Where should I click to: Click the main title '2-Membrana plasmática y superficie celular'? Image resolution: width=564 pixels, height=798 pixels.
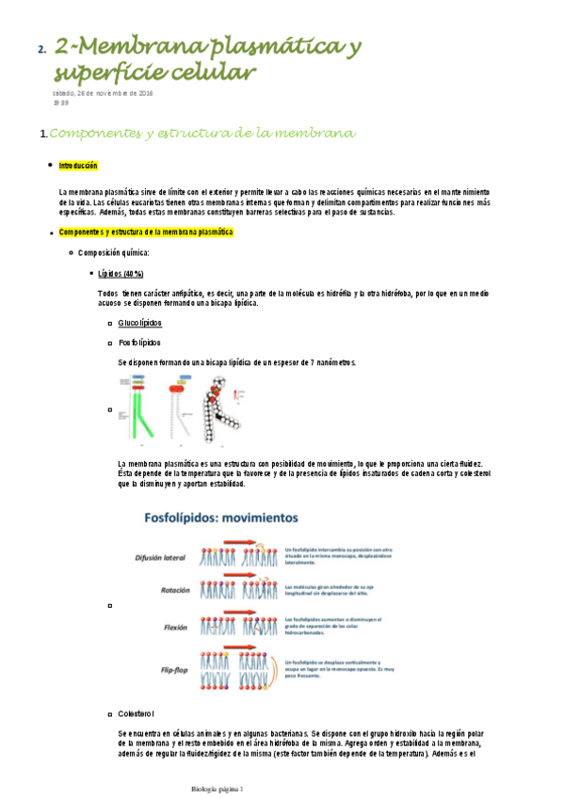coord(207,59)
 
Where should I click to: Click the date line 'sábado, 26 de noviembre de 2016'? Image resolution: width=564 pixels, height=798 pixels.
coord(103,93)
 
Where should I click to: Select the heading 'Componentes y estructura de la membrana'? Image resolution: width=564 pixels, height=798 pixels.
coord(202,134)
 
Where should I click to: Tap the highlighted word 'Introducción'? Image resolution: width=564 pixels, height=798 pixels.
coord(78,165)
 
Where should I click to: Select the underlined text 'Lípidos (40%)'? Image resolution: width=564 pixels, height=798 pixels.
coord(121,273)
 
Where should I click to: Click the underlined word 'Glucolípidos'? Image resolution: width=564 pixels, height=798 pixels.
coord(139,323)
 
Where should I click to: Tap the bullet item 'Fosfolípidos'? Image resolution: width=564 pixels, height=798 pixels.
coord(139,343)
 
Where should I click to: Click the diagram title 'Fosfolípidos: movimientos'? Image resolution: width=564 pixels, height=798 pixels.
coord(220,518)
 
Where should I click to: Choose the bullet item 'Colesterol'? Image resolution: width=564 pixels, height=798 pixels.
coord(137,714)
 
